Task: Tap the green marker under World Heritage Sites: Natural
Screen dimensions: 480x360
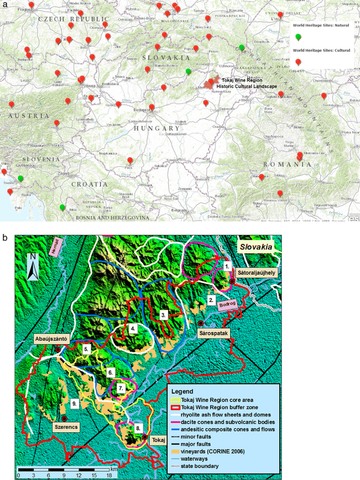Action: tap(299, 37)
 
